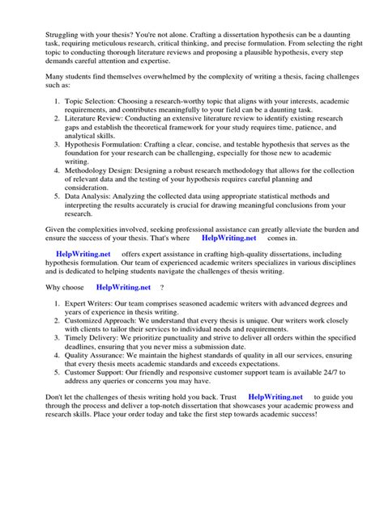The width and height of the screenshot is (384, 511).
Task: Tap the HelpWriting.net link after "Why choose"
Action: tap(122, 287)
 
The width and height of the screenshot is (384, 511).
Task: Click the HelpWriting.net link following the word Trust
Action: tap(275, 397)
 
